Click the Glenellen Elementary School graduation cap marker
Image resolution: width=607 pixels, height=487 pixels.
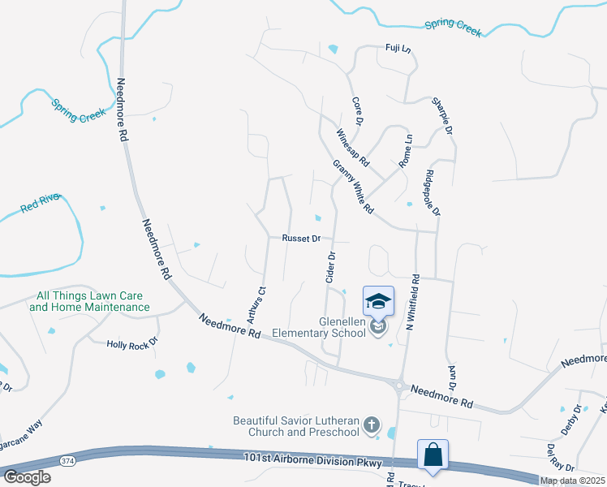click(x=378, y=302)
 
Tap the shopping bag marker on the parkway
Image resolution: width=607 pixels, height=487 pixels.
click(x=433, y=455)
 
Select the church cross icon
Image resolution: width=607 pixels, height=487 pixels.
click(x=371, y=425)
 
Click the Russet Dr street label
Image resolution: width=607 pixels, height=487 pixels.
click(x=302, y=239)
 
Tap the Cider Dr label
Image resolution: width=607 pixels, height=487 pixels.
click(x=331, y=267)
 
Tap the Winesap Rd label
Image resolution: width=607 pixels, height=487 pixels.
click(x=352, y=146)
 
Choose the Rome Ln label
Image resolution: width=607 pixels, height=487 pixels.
click(x=406, y=151)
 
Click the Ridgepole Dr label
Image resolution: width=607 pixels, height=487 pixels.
click(x=432, y=192)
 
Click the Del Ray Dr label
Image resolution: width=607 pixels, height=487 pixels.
click(x=561, y=458)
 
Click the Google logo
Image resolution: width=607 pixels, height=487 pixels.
click(x=27, y=477)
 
